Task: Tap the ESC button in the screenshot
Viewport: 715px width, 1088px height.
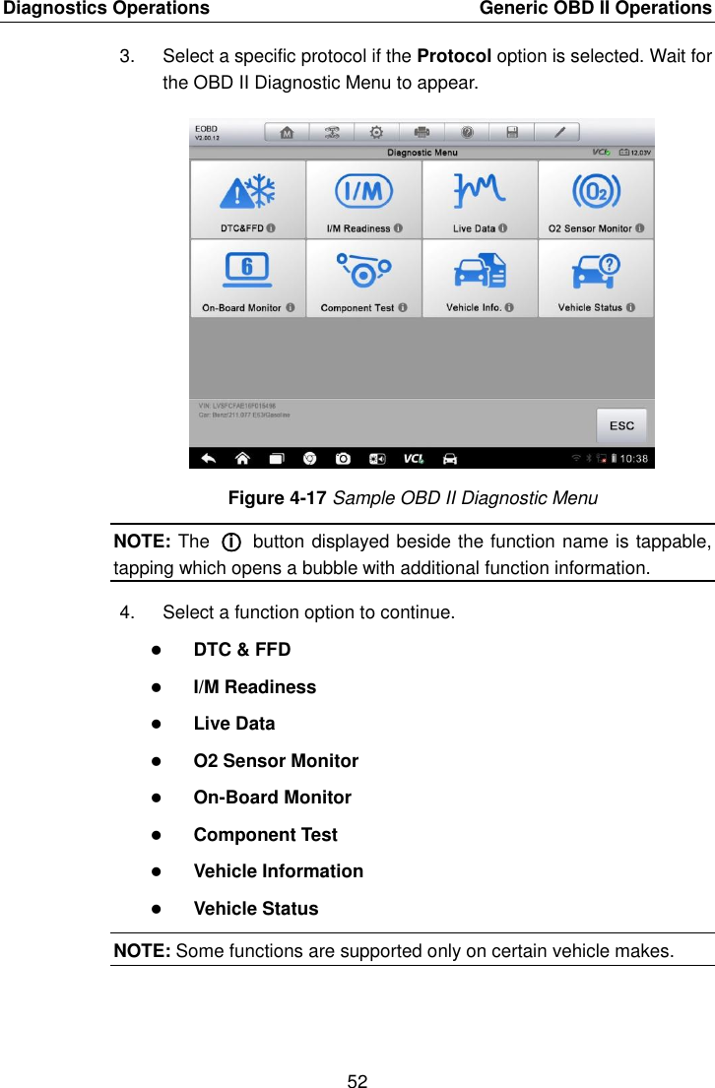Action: [x=621, y=425]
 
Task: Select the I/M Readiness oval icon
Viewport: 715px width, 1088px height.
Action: [x=363, y=190]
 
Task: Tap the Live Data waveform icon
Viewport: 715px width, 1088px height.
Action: [x=480, y=190]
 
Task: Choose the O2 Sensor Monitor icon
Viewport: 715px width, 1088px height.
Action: [x=596, y=190]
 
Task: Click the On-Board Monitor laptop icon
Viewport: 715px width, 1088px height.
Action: [x=247, y=269]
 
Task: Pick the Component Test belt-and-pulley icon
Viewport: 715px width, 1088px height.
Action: [x=363, y=269]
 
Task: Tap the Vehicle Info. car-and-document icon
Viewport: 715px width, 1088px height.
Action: [x=480, y=269]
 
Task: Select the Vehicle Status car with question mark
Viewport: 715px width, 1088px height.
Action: [x=596, y=269]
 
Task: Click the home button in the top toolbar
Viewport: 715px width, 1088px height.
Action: [x=287, y=133]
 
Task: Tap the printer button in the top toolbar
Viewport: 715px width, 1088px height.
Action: [x=422, y=133]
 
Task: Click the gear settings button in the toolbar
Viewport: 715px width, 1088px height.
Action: [x=376, y=133]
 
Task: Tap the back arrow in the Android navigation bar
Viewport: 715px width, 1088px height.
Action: [x=208, y=458]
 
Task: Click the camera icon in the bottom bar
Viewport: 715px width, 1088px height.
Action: [x=343, y=458]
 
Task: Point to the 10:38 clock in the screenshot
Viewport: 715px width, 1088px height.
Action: [x=633, y=458]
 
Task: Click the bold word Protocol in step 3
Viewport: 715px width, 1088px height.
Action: [x=455, y=56]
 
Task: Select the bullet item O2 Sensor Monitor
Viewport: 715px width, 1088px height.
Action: [x=276, y=760]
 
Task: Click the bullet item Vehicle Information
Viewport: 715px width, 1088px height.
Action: [x=278, y=871]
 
